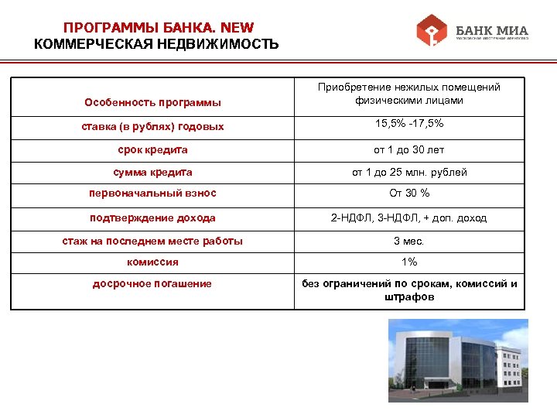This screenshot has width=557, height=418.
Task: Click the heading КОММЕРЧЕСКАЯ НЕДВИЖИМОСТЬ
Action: pyautogui.click(x=156, y=43)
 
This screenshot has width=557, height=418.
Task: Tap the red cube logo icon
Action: pyautogui.click(x=432, y=32)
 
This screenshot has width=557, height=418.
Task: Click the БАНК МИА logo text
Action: pyautogui.click(x=492, y=31)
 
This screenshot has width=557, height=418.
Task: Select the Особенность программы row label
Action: pyautogui.click(x=152, y=102)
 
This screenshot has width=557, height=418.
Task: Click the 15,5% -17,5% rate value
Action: pyautogui.click(x=409, y=124)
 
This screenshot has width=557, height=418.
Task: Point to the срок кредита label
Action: pyautogui.click(x=152, y=149)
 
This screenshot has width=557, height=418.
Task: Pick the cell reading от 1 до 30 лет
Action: pyautogui.click(x=409, y=149)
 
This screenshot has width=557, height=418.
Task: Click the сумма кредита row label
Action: pyautogui.click(x=152, y=172)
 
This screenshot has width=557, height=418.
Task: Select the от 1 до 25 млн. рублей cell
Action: pyautogui.click(x=409, y=172)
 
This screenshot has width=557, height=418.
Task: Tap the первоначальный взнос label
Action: pyautogui.click(x=152, y=194)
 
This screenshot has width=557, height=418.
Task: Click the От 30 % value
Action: pyautogui.click(x=409, y=194)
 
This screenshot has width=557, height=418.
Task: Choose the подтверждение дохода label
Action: pyautogui.click(x=152, y=218)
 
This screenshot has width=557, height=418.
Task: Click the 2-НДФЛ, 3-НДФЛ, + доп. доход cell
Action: pyautogui.click(x=409, y=218)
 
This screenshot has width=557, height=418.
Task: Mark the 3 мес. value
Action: pyautogui.click(x=409, y=241)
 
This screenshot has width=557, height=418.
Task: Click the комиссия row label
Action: pyautogui.click(x=152, y=262)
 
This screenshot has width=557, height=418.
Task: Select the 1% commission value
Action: pyautogui.click(x=409, y=262)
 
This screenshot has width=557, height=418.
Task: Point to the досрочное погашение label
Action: pyautogui.click(x=152, y=284)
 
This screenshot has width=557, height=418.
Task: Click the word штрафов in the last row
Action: pyautogui.click(x=409, y=297)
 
